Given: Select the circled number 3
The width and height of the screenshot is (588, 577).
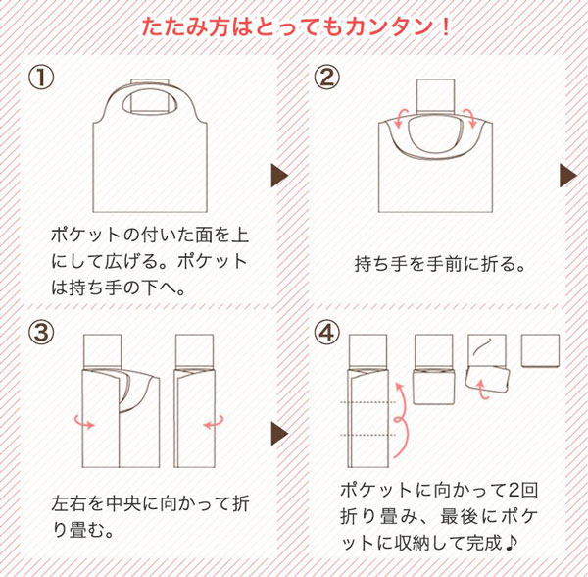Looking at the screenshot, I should pos(40,334).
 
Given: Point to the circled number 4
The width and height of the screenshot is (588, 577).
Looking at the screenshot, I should pos(325,334).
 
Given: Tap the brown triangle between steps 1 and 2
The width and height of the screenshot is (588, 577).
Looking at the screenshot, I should pos(278,176).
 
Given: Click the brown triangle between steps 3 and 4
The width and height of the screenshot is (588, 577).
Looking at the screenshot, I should pos(278,433).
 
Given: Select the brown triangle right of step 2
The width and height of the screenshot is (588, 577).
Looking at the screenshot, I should pos(567,176).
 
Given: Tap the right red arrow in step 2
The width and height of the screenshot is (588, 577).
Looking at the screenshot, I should pos(472,119).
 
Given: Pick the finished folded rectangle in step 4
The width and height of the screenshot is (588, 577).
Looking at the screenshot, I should pos(540,350).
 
